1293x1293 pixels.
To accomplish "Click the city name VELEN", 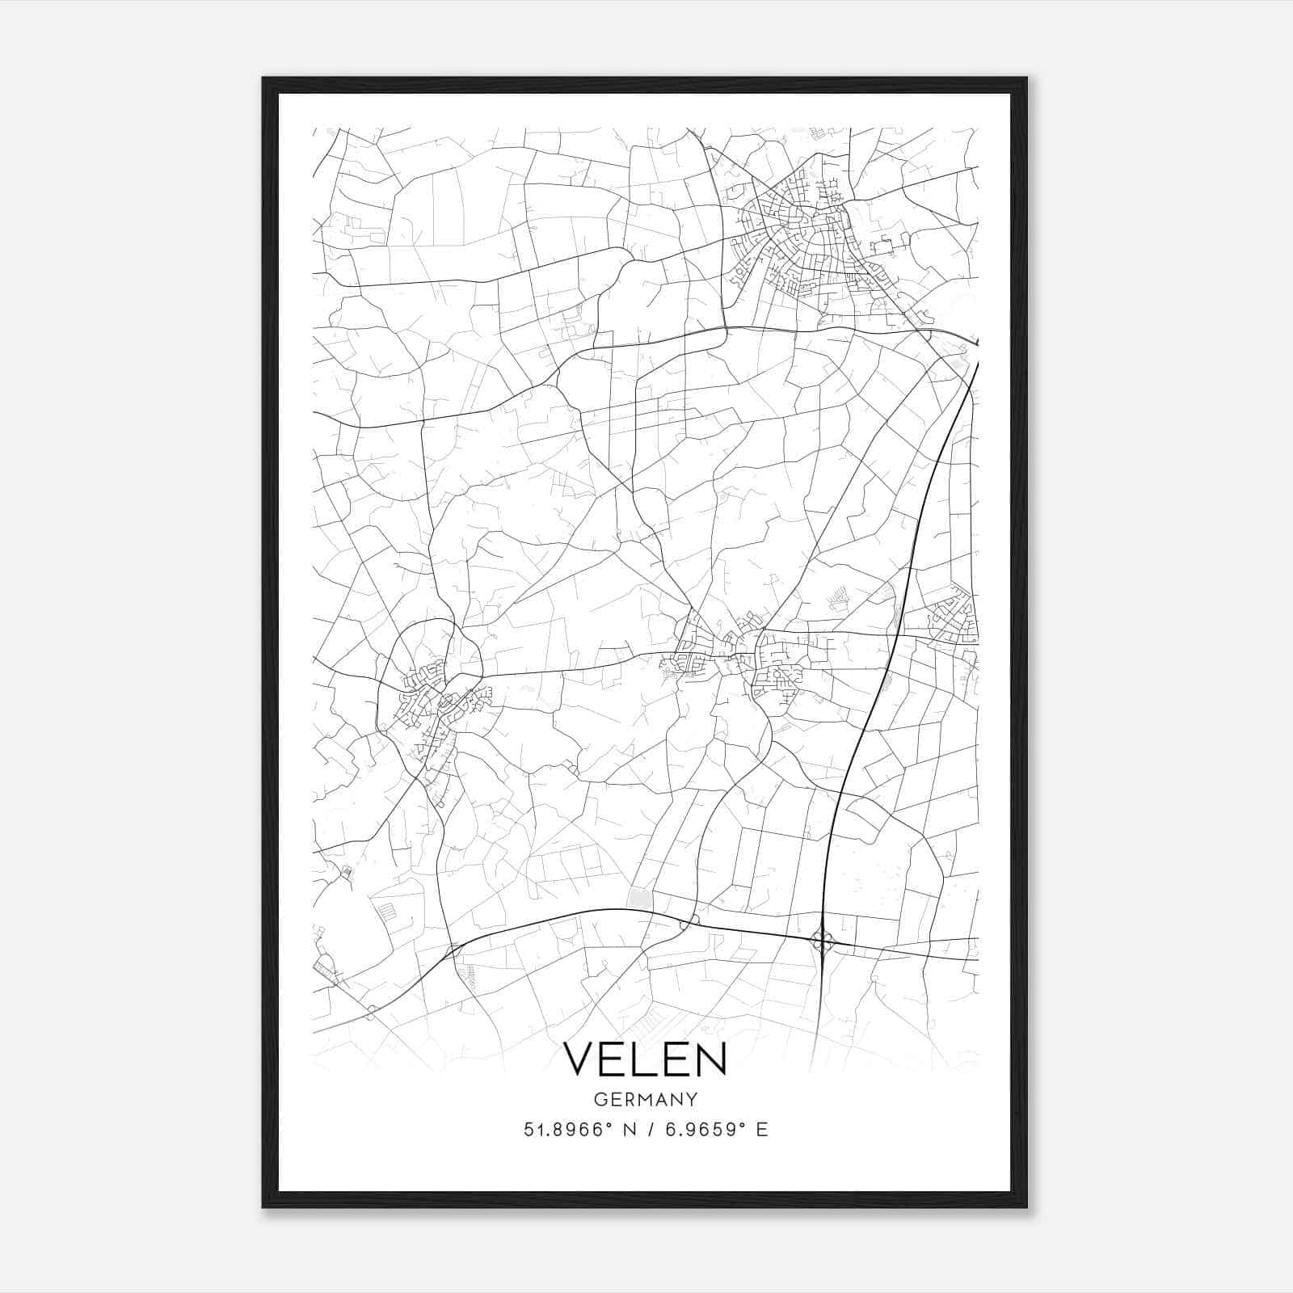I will (x=645, y=1058).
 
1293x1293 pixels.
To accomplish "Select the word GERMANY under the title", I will (x=645, y=1099).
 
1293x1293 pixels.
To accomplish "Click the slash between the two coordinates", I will (x=646, y=1129).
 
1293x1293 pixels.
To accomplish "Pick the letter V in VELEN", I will (x=578, y=1058).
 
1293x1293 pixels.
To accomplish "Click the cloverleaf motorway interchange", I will (x=823, y=940).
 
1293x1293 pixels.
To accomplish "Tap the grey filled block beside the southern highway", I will (x=639, y=898).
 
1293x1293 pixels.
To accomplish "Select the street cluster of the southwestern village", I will (x=432, y=703).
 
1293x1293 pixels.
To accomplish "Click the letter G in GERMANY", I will (x=599, y=1099).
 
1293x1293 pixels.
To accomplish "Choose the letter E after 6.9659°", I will (x=762, y=1129).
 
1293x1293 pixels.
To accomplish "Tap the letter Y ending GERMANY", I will (x=692, y=1099).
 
